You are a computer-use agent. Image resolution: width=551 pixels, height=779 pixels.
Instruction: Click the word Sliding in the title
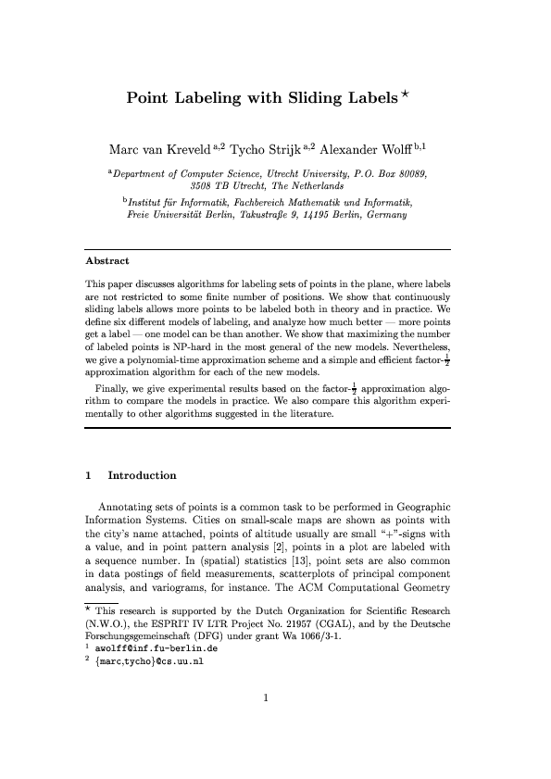313,96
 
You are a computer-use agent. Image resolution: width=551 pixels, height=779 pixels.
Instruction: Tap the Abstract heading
106,261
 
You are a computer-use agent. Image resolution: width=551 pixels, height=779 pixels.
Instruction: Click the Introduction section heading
142,476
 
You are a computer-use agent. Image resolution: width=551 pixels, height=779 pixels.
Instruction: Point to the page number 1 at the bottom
267,725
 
